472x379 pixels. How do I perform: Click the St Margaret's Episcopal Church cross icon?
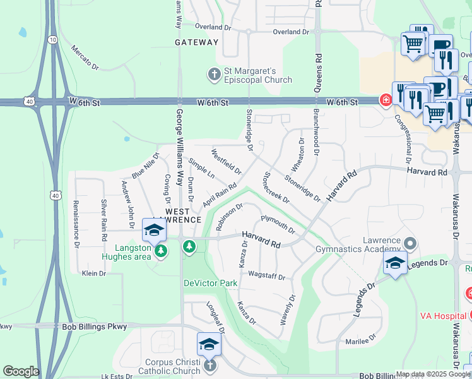click(x=214, y=75)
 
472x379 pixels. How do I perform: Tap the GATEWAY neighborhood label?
click(x=197, y=42)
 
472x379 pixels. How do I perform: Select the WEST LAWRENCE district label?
click(x=183, y=215)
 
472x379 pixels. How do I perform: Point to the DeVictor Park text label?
click(x=211, y=283)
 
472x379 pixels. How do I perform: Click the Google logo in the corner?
click(x=20, y=371)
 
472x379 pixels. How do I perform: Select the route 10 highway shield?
click(x=53, y=39)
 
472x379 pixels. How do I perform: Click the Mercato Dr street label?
click(x=85, y=57)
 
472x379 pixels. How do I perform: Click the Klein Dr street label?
click(x=93, y=273)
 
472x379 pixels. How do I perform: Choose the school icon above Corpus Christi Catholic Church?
click(x=209, y=344)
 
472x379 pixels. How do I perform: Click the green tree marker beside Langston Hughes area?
click(x=161, y=251)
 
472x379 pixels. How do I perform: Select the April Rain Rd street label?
click(x=219, y=195)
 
